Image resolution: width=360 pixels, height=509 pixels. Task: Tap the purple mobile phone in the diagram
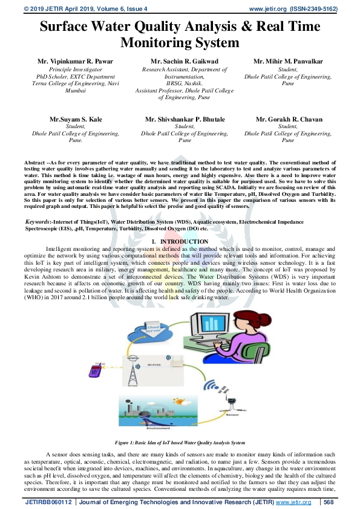94,370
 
